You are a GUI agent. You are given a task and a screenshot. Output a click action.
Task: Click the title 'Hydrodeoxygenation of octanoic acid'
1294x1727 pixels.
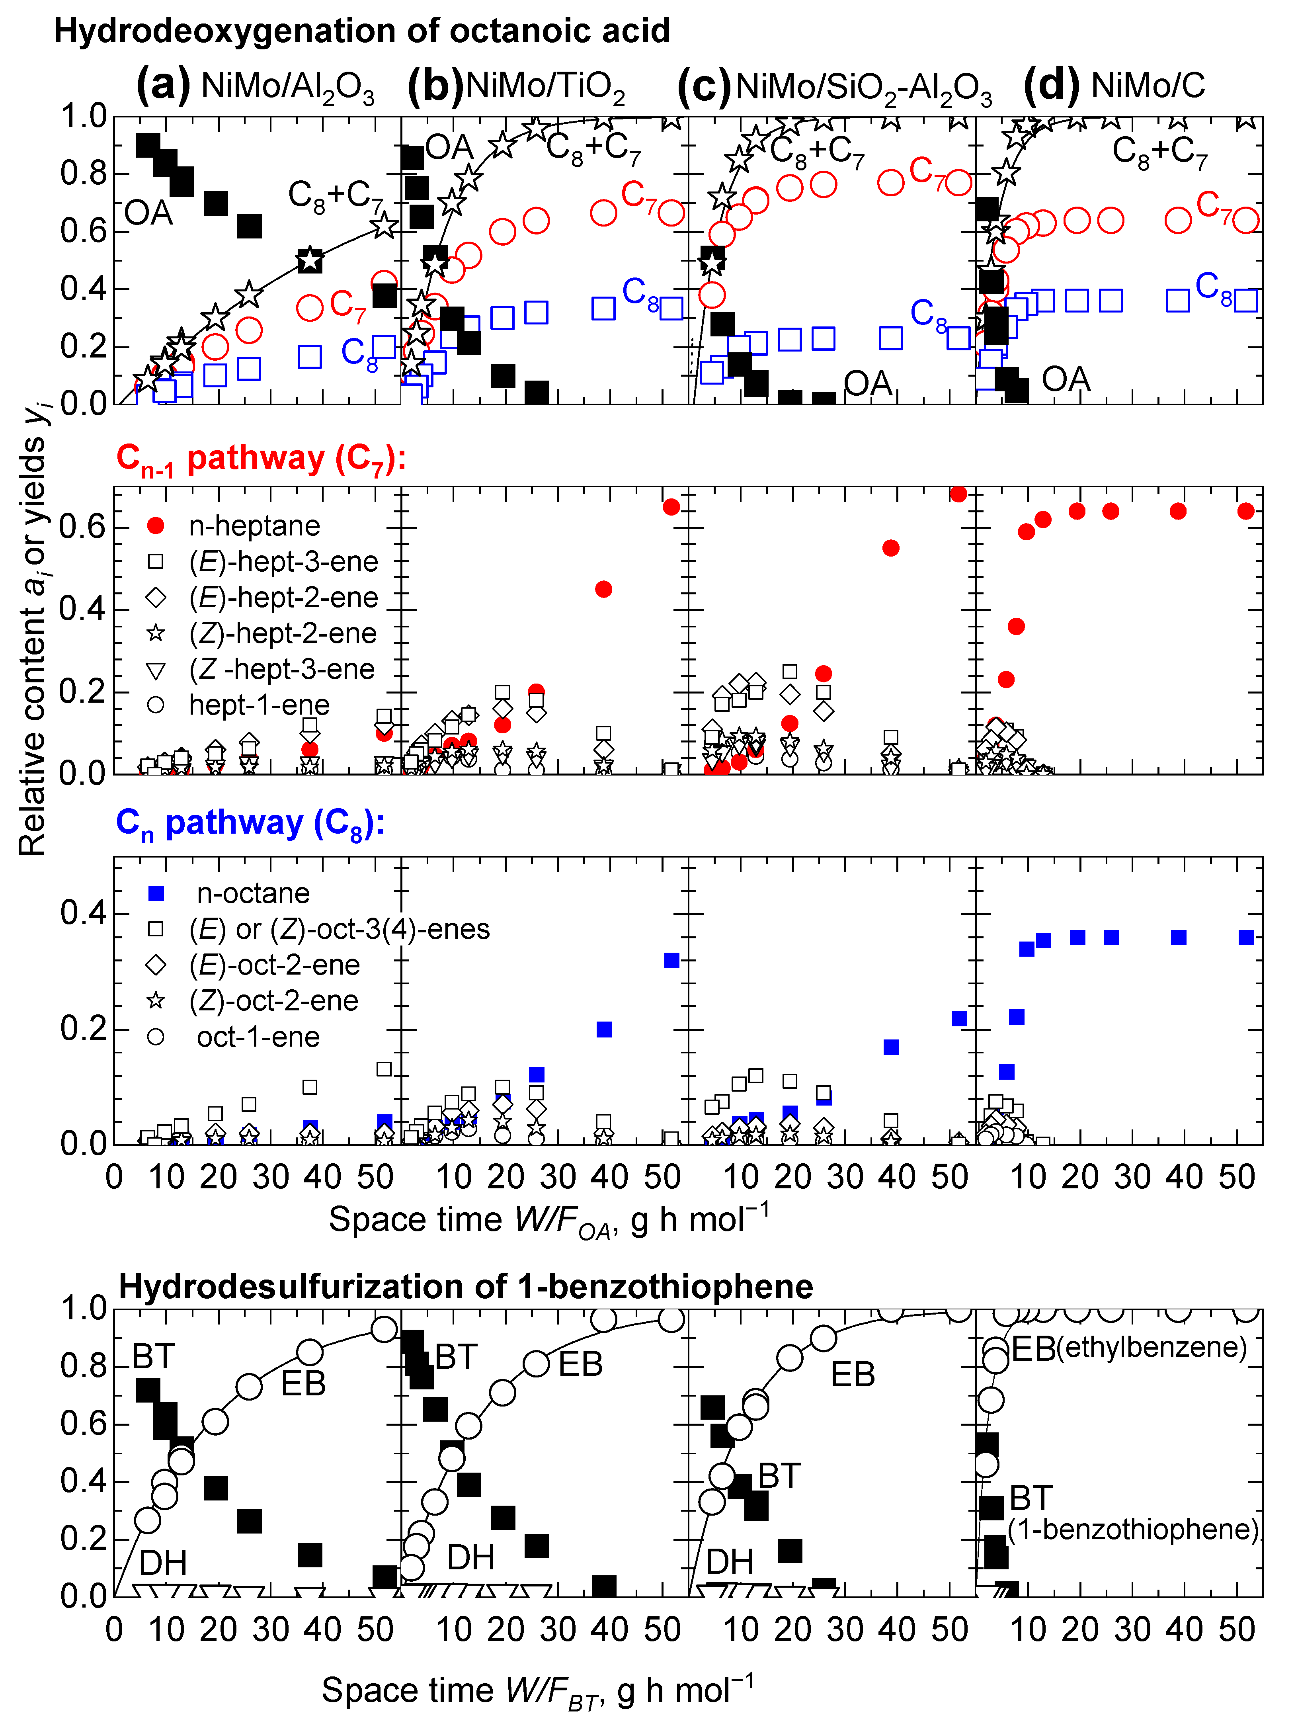pyautogui.click(x=361, y=31)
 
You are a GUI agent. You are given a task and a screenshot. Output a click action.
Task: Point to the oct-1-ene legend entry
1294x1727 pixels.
pyautogui.click(x=258, y=1037)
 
